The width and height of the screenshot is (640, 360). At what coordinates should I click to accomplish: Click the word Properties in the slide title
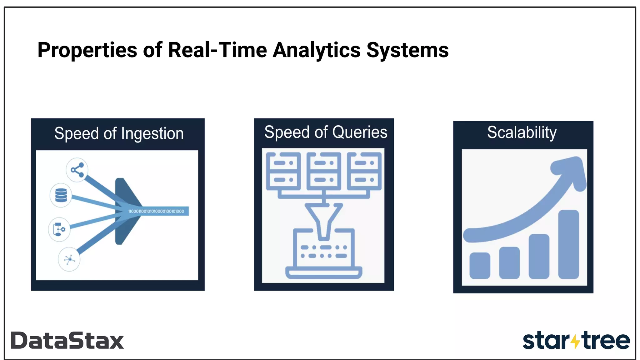click(x=87, y=50)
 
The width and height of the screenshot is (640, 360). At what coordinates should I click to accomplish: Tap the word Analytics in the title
click(x=317, y=50)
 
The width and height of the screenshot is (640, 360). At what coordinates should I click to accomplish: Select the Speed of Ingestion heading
click(x=119, y=134)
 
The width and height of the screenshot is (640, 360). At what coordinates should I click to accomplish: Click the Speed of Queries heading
click(x=326, y=132)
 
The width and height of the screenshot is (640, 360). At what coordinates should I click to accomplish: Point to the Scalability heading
click(x=522, y=132)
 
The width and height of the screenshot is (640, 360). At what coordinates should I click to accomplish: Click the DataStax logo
click(x=67, y=340)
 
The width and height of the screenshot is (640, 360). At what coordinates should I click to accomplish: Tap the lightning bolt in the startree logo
click(x=575, y=341)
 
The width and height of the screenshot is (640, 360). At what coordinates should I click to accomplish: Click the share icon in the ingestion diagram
click(x=77, y=170)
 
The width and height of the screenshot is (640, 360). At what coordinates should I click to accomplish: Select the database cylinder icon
click(x=61, y=195)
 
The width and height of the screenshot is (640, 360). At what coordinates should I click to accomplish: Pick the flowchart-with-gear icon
click(x=59, y=229)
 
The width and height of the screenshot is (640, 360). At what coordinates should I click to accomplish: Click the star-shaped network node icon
click(x=69, y=259)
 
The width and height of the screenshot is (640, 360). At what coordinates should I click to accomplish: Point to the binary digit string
click(x=156, y=211)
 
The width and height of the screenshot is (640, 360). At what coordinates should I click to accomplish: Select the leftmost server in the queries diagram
click(x=283, y=171)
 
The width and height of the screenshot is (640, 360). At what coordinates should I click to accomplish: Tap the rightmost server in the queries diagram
click(x=364, y=171)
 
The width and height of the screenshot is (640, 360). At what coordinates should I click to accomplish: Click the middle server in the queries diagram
click(x=324, y=171)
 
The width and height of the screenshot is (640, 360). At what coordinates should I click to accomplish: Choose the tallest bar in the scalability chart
click(x=568, y=244)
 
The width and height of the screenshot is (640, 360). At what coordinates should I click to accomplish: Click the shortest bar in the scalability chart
click(x=480, y=265)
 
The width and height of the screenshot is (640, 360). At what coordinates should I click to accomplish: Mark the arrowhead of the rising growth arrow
click(x=572, y=170)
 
